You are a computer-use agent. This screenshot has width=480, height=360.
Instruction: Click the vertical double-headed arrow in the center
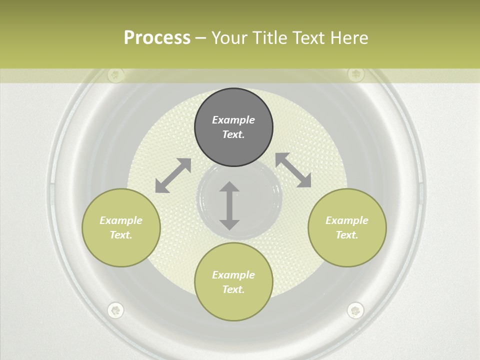point(229,205)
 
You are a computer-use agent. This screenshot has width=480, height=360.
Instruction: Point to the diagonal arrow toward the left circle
point(173,175)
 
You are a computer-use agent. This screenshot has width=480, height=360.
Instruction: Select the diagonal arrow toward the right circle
point(293,170)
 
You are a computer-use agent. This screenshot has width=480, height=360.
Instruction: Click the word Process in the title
point(157,38)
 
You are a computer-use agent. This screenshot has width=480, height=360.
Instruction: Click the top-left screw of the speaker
point(115,75)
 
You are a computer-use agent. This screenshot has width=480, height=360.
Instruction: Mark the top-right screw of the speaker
point(356,74)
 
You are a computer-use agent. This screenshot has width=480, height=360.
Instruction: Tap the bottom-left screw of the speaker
point(115,310)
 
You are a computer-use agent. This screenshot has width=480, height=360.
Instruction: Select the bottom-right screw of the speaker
point(355,310)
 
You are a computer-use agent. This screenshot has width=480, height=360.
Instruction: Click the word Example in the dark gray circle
point(233,120)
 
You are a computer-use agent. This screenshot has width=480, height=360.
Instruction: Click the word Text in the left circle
point(121,235)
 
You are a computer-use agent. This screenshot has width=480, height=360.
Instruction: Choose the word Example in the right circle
point(347,220)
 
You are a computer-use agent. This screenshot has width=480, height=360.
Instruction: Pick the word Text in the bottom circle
point(233,289)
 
